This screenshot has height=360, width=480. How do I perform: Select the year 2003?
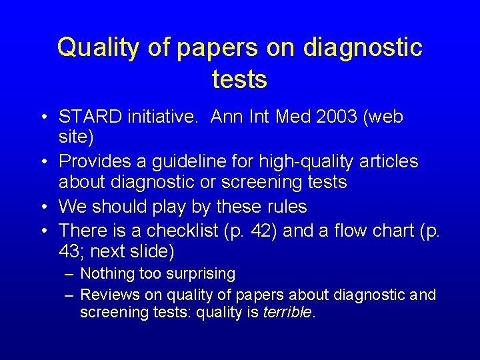pos(319,117)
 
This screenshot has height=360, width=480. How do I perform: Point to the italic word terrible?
pos(287,312)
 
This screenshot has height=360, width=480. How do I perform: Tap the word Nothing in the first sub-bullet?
pos(107,274)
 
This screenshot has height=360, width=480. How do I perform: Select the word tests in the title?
pos(239,79)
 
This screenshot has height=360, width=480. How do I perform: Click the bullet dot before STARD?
pos(43,117)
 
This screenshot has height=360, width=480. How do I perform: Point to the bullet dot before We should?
pos(43,207)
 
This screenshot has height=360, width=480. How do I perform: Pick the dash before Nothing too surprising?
pos(69,274)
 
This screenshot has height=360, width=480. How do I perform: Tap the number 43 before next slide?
pos(70,253)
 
